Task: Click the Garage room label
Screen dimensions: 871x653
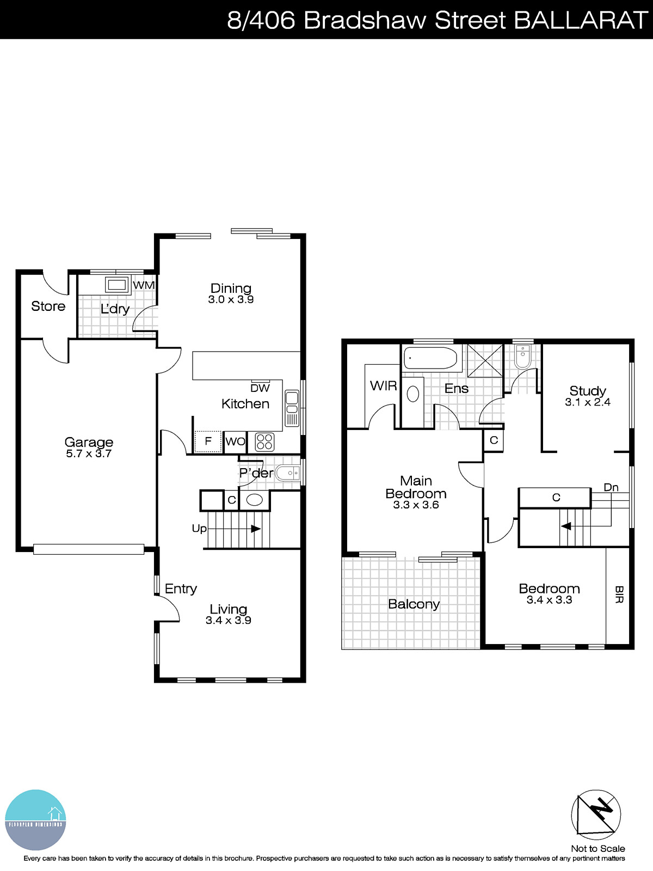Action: pyautogui.click(x=89, y=442)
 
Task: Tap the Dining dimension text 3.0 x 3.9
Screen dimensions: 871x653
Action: pyautogui.click(x=231, y=299)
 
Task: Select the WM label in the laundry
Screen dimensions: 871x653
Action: pyautogui.click(x=144, y=285)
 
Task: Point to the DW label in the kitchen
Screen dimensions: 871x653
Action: pyautogui.click(x=260, y=388)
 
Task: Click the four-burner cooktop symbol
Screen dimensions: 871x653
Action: pyautogui.click(x=264, y=441)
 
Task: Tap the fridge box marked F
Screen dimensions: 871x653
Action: pyautogui.click(x=208, y=441)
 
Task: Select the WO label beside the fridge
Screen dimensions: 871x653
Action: pyautogui.click(x=235, y=441)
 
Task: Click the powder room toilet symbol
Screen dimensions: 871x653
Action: pyautogui.click(x=287, y=473)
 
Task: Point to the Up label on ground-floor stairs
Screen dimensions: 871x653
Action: pyautogui.click(x=199, y=529)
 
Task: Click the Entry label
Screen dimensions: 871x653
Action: pyautogui.click(x=181, y=588)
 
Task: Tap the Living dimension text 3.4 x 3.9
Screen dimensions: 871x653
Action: pyautogui.click(x=229, y=621)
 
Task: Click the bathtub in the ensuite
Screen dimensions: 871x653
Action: pyautogui.click(x=430, y=358)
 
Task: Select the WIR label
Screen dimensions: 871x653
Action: pyautogui.click(x=383, y=386)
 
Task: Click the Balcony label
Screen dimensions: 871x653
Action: pyautogui.click(x=414, y=604)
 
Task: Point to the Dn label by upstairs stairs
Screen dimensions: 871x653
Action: pyautogui.click(x=611, y=487)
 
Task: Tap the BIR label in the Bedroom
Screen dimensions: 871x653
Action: pyautogui.click(x=619, y=594)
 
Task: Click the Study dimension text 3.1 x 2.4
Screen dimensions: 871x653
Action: pyautogui.click(x=588, y=402)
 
